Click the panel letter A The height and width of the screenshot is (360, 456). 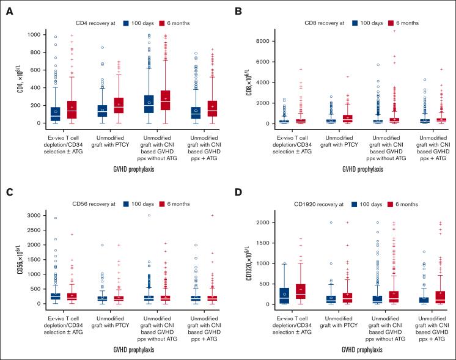(x=9, y=11)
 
